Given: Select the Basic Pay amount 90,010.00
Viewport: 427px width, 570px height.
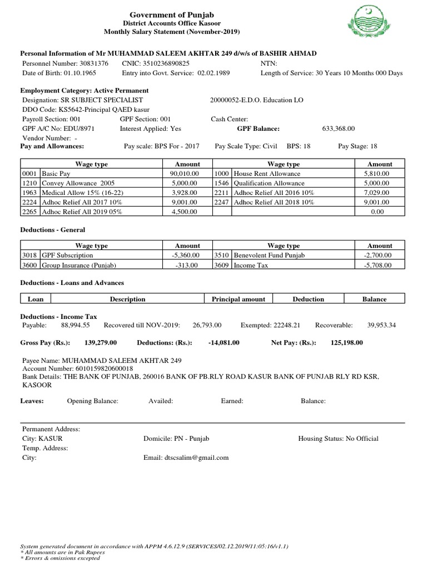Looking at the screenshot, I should [x=187, y=174].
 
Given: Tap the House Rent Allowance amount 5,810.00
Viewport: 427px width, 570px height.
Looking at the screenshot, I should [x=380, y=174].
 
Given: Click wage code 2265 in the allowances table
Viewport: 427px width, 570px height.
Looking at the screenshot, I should [x=29, y=212].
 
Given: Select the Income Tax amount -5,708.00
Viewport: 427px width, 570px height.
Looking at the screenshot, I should [x=380, y=266].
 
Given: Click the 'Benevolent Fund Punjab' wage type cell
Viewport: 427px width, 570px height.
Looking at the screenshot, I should [x=270, y=255].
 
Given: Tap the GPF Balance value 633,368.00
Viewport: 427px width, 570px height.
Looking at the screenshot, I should [x=338, y=129].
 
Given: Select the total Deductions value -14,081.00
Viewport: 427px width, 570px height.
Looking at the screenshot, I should [x=224, y=343].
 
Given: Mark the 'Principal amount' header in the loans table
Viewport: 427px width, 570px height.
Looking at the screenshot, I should [x=239, y=299].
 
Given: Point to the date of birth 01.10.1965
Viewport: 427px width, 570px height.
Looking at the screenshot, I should [x=78, y=73].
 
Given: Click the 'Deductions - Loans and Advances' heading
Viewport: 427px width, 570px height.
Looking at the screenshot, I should [x=72, y=283].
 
